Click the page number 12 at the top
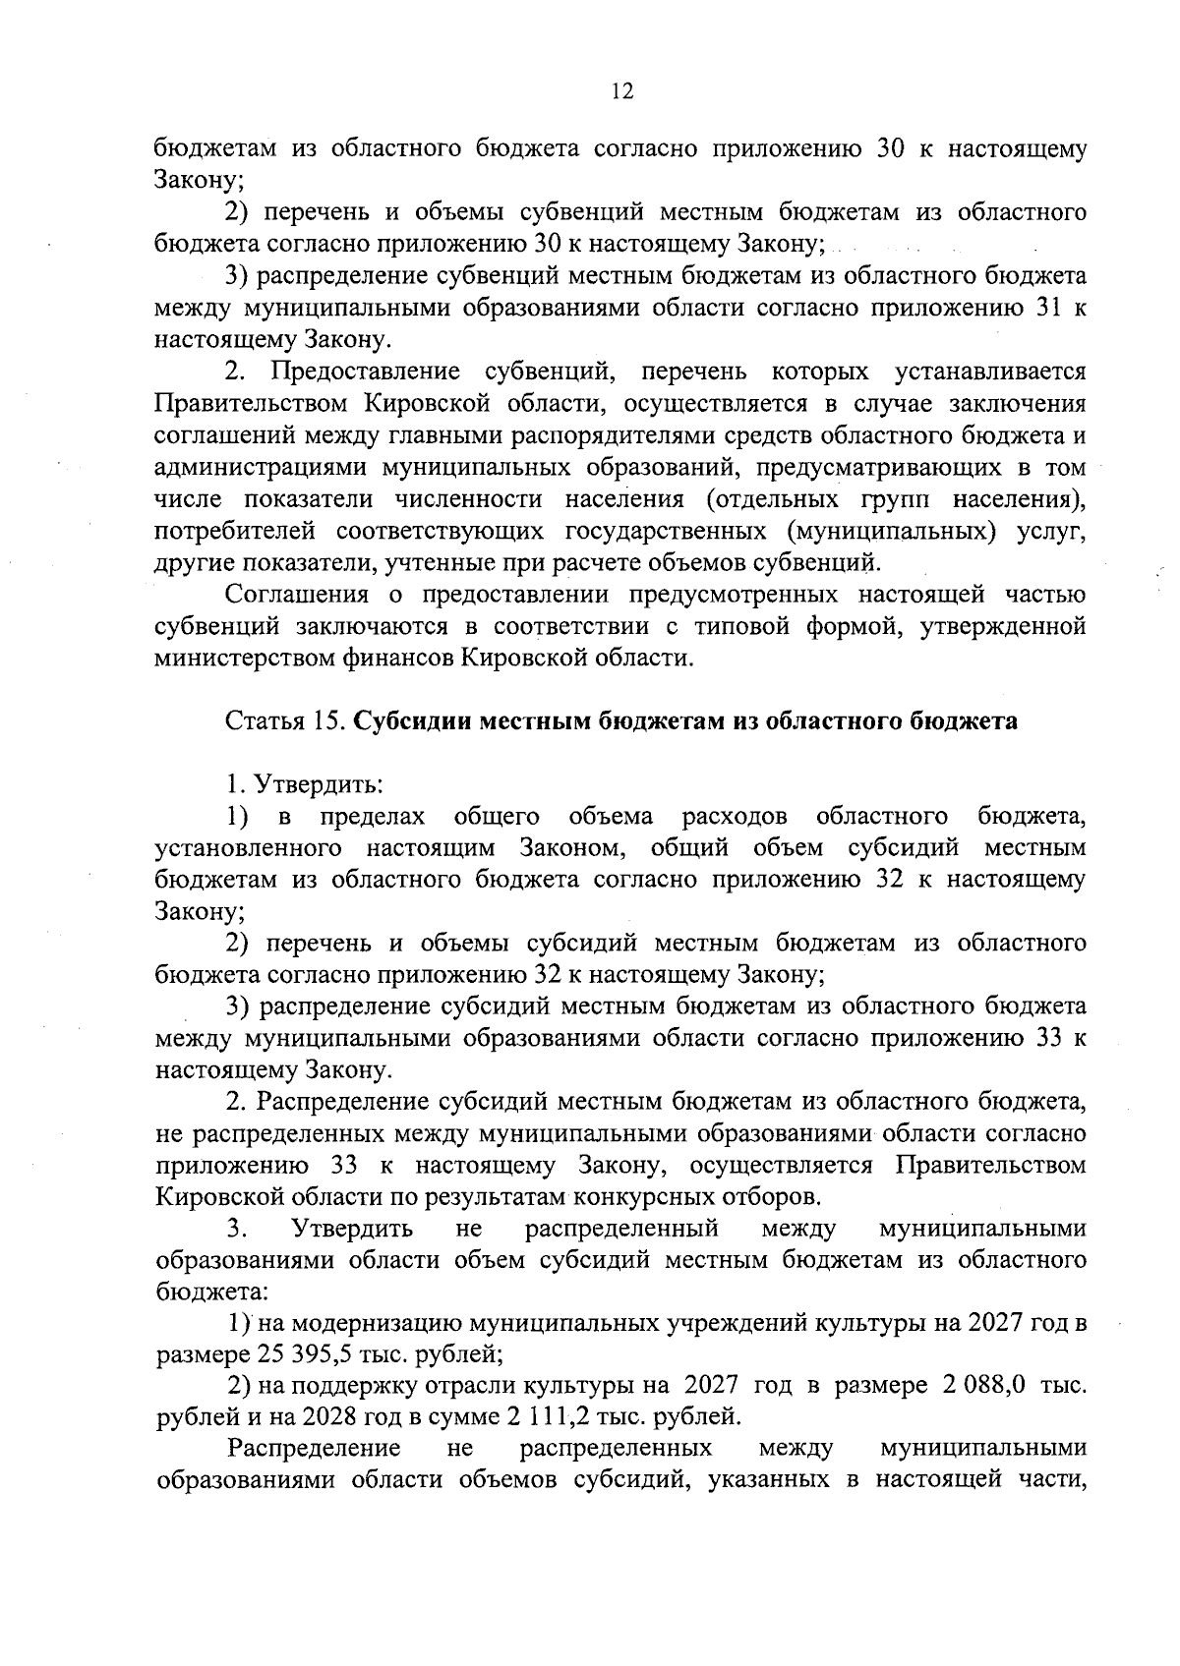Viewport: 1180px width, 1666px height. pos(621,91)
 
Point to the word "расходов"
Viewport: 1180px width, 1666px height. pos(734,816)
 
